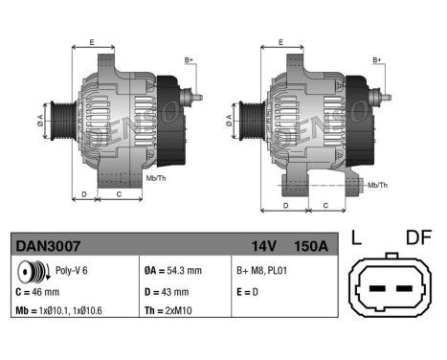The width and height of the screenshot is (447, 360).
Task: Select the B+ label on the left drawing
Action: click(189, 60)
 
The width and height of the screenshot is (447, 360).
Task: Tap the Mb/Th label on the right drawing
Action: click(377, 184)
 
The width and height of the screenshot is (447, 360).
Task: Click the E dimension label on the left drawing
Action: click(92, 42)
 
